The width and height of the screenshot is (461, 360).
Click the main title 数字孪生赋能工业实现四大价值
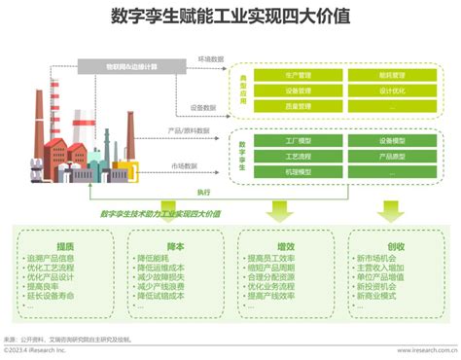(x=230, y=17)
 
